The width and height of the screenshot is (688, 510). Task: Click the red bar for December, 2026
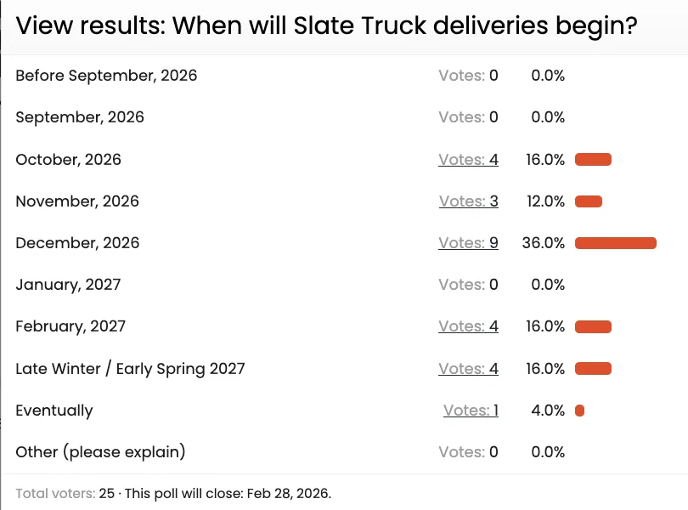click(x=616, y=243)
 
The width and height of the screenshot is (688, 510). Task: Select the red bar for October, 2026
click(x=593, y=159)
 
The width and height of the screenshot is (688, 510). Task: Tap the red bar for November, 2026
click(x=589, y=201)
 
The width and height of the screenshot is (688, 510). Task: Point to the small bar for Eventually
click(x=579, y=411)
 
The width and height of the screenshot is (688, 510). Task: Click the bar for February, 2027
click(x=593, y=326)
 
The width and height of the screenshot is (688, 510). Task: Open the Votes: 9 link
click(x=468, y=243)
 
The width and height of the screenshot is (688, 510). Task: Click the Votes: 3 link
click(x=468, y=201)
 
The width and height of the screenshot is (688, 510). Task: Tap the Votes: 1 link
click(x=471, y=411)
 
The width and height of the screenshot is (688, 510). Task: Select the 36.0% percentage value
click(x=544, y=243)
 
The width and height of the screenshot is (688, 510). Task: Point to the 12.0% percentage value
click(x=545, y=201)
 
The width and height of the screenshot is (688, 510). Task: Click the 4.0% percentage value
click(x=548, y=411)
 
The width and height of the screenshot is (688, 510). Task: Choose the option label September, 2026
click(x=80, y=117)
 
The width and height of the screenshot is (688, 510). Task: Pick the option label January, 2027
click(x=68, y=285)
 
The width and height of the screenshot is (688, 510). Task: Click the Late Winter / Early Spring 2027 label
click(x=130, y=369)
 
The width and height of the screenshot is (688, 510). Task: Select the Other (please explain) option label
click(x=100, y=452)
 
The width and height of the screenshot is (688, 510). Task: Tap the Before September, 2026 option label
click(x=106, y=76)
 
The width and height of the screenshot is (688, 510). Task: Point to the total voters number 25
click(x=106, y=493)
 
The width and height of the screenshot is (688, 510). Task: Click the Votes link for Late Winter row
click(x=468, y=369)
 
